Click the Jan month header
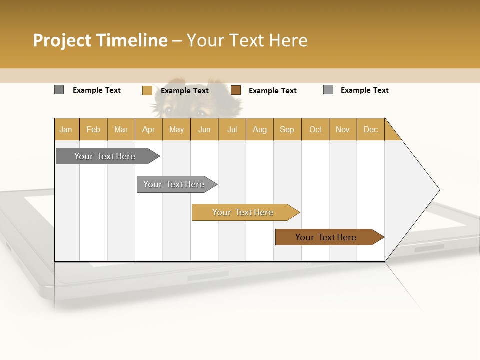(x=66, y=129)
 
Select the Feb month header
(x=93, y=129)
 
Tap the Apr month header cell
(x=149, y=129)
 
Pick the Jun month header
(x=204, y=129)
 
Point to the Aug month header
(x=260, y=129)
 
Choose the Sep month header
(x=287, y=129)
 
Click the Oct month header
(x=315, y=129)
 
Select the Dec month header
(x=371, y=129)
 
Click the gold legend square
(x=147, y=90)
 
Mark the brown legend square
(x=236, y=90)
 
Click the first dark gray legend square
(x=59, y=90)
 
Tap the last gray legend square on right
(x=328, y=90)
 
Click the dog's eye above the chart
(x=168, y=109)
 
